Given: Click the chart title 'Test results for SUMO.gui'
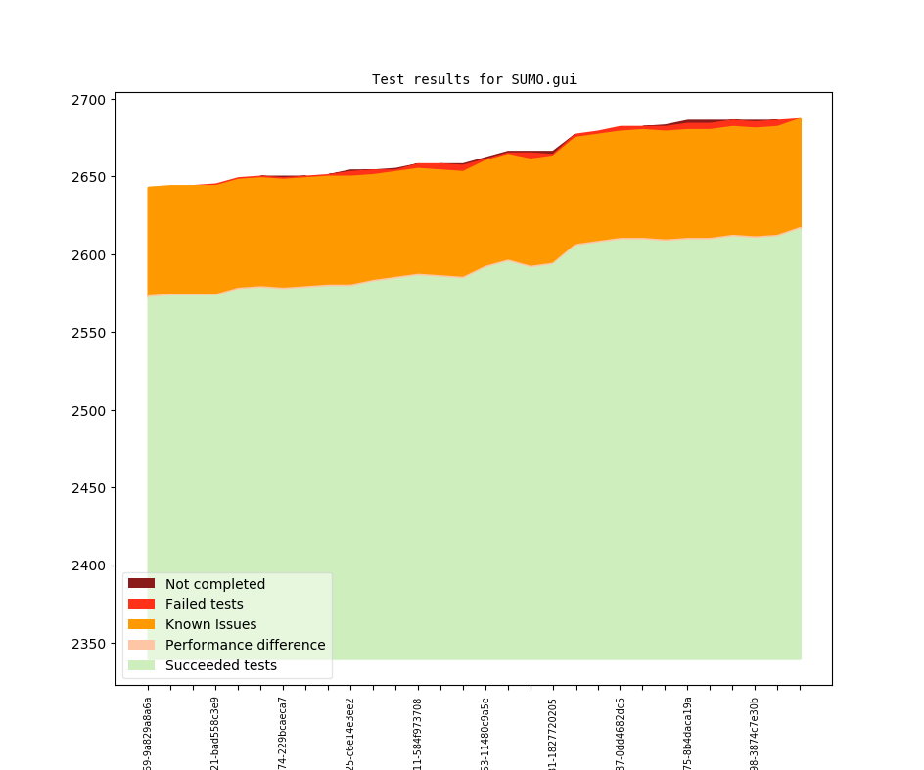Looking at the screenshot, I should (x=474, y=80).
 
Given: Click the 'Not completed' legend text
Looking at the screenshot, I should (x=214, y=584).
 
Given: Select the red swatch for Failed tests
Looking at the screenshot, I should (x=141, y=604).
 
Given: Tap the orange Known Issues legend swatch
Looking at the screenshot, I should (x=141, y=624).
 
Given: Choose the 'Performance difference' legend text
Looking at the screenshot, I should (x=245, y=645).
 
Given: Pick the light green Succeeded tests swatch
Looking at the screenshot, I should (x=141, y=665).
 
